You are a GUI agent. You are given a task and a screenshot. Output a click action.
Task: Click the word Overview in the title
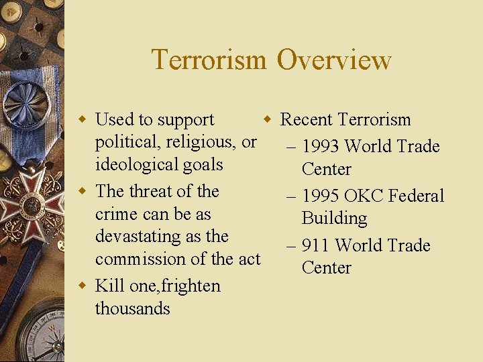tap(333, 60)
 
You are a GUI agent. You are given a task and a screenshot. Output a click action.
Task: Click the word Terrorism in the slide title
tap(209, 60)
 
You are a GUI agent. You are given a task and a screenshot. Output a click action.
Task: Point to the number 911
tap(315, 245)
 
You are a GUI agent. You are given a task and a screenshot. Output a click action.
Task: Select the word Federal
tap(417, 196)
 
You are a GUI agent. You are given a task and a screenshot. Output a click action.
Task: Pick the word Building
tap(334, 219)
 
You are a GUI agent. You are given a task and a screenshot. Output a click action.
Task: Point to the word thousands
tap(132, 308)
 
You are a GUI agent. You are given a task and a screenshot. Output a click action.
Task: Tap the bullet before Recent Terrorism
tap(267, 121)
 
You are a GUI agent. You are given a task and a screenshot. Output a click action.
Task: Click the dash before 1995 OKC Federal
tap(290, 196)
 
